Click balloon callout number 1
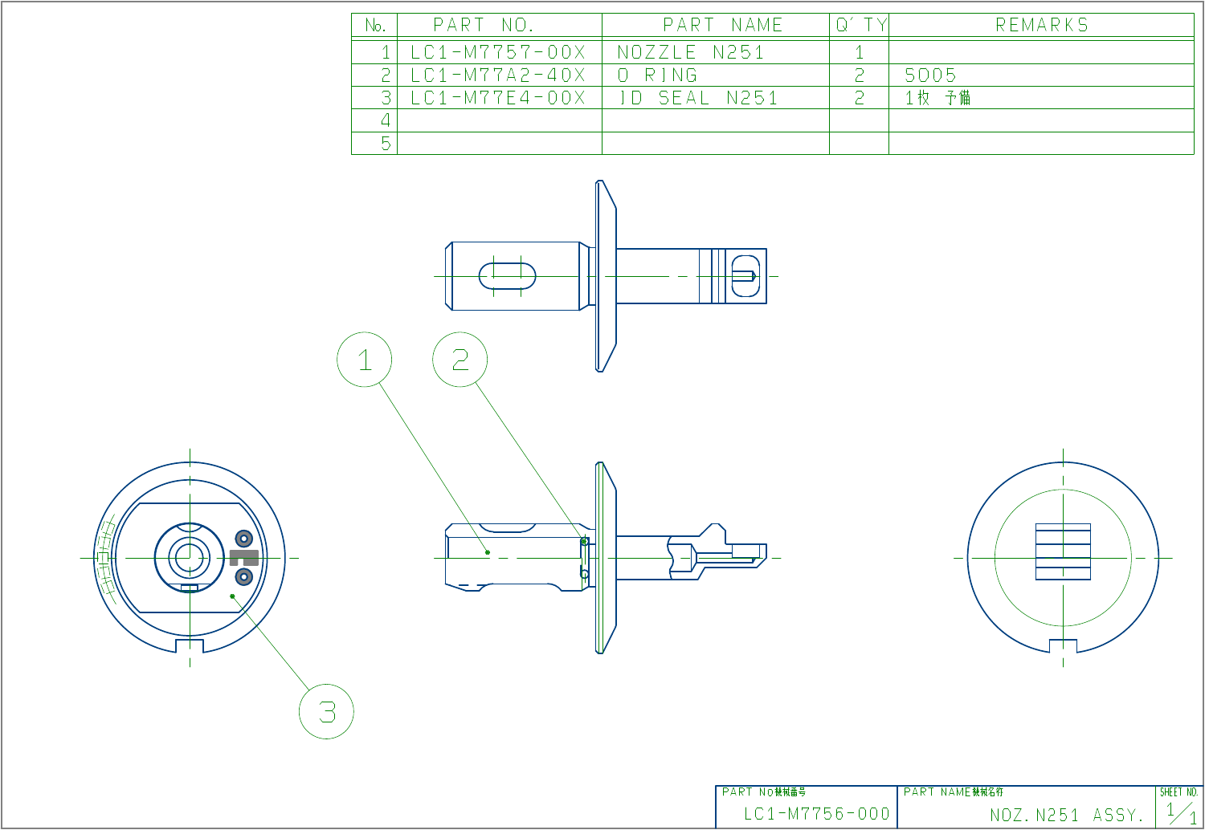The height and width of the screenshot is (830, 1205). coord(365,360)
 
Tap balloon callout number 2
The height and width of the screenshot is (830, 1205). coord(460,360)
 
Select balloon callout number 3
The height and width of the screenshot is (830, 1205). coord(327,711)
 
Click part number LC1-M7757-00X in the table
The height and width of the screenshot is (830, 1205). coord(498,52)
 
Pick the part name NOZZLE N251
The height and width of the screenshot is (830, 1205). coord(691,52)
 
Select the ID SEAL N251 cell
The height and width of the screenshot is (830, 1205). coord(697,98)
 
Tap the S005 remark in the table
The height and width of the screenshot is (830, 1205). coord(930,75)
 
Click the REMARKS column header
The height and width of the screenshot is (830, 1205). coord(1042,25)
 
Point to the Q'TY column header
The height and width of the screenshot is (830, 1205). coord(860,25)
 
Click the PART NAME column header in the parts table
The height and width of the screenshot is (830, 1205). coord(722,25)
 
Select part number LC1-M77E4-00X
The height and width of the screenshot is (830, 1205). coord(498,98)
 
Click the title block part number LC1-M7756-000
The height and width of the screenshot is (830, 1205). coord(816,814)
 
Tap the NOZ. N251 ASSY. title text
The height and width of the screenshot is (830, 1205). coord(1067,816)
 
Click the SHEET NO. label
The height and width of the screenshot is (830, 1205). coord(1178,792)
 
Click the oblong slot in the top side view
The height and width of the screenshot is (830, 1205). coord(508,276)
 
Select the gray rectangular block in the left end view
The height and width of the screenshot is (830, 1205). coord(244,557)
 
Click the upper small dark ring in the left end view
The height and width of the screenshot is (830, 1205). coord(243,538)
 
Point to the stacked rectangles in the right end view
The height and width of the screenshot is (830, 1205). coord(1063,551)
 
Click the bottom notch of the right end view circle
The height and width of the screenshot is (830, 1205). coord(1063,645)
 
